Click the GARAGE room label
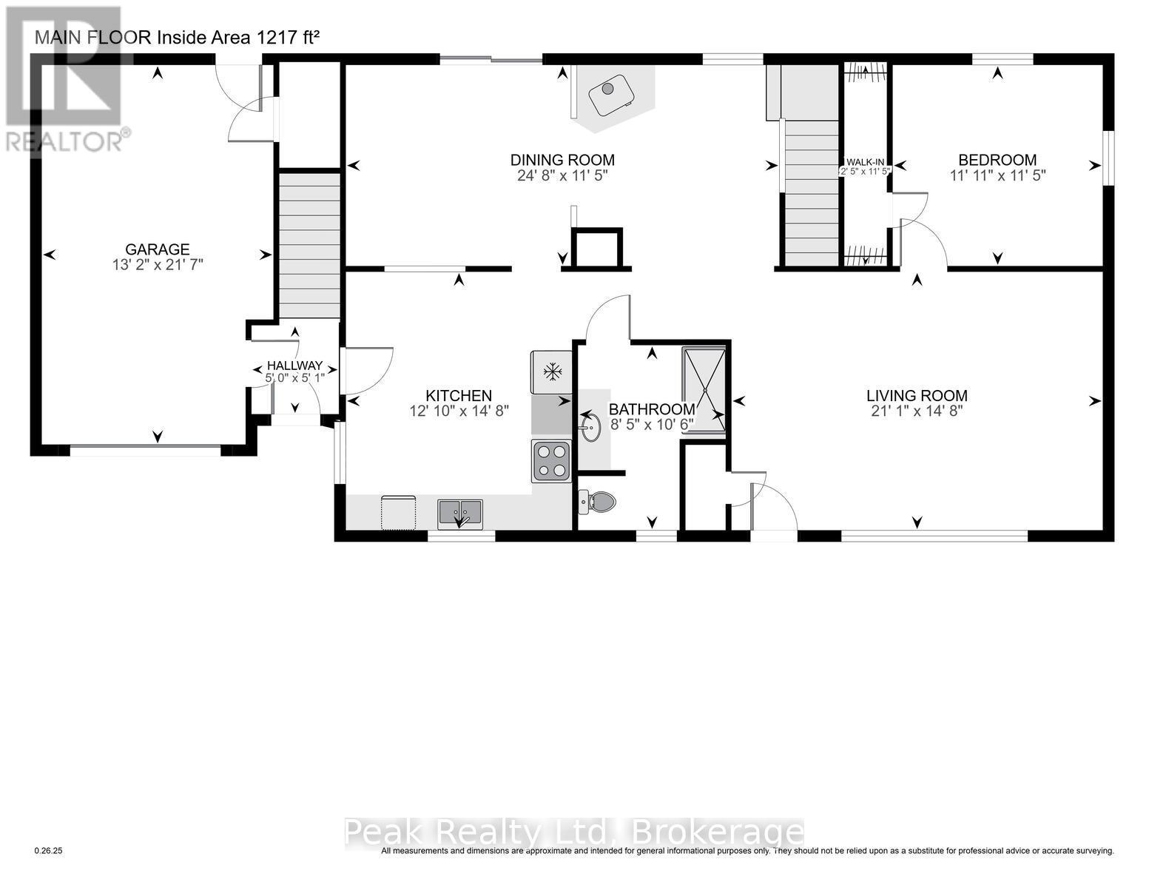point(157,249)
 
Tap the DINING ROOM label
point(562,160)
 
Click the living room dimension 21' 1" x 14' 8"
point(917,411)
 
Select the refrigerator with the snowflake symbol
point(550,371)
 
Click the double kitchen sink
point(460,512)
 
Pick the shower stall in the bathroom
point(704,389)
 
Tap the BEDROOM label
point(997,160)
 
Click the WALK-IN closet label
point(865,162)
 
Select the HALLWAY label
point(294,366)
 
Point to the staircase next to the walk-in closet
point(812,193)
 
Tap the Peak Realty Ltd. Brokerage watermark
point(573,832)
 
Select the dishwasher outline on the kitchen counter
point(398,513)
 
